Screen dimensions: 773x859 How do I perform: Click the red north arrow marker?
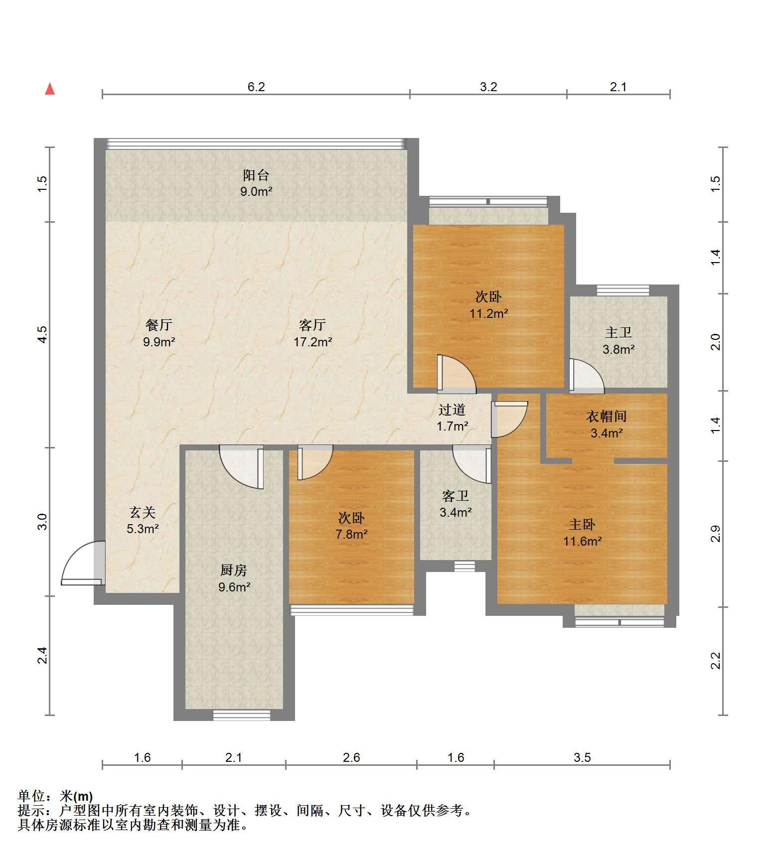click(x=50, y=89)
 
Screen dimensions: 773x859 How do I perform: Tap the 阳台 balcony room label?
click(x=256, y=175)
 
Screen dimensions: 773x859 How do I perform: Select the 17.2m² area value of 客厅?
click(x=313, y=342)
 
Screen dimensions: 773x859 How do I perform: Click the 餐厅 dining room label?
click(x=159, y=325)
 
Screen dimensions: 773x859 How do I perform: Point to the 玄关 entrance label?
click(x=143, y=512)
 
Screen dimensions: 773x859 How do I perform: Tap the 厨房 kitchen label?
click(x=234, y=570)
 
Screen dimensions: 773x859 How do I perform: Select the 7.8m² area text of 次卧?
click(x=352, y=535)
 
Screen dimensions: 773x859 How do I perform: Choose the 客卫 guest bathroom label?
click(x=456, y=496)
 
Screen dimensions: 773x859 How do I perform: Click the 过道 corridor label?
click(x=452, y=410)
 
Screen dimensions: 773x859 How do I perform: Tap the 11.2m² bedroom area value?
click(x=489, y=313)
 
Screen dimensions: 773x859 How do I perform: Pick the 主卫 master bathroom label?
click(x=618, y=332)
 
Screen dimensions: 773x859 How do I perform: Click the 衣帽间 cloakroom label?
click(x=606, y=416)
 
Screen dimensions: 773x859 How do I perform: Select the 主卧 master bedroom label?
click(x=583, y=524)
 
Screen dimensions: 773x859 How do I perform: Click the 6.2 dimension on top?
click(x=256, y=87)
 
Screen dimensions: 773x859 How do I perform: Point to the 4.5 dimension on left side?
click(x=43, y=334)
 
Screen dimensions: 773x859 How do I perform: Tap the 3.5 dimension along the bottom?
click(x=582, y=758)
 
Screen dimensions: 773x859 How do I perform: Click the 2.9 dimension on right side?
click(x=716, y=534)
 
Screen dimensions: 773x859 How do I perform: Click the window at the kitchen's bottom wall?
click(x=242, y=715)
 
